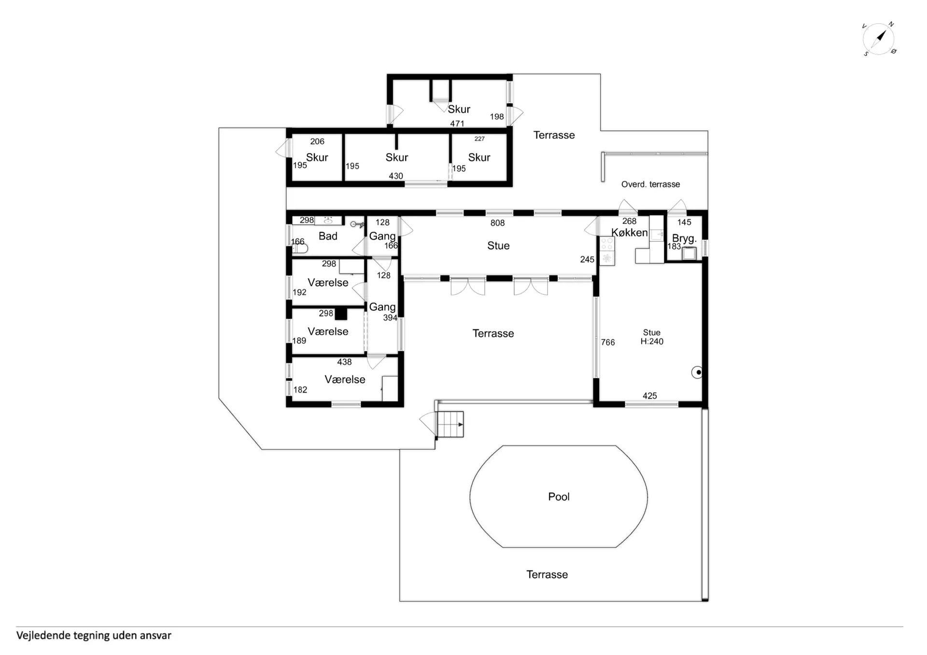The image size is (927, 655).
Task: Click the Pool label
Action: point(559,497)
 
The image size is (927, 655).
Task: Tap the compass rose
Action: point(879,39)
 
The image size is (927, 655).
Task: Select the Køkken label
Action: point(629,233)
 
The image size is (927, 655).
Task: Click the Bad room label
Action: point(328,236)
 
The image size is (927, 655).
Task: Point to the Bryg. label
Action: point(684,238)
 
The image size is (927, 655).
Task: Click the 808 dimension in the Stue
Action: point(497,223)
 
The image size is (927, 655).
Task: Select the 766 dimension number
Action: point(608,343)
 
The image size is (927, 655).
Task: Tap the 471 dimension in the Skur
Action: point(457,124)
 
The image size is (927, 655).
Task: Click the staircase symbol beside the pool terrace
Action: point(450,425)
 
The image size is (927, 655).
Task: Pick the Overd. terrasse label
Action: point(650,184)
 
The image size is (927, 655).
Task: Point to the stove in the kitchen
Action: point(607,251)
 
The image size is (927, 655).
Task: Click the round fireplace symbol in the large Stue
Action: point(697,372)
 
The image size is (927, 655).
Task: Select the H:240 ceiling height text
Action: point(652,342)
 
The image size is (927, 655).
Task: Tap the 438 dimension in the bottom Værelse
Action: point(344,362)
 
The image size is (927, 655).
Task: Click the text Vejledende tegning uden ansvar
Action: point(94,636)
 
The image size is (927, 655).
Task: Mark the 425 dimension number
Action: point(649,396)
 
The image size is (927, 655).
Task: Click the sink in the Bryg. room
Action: point(689,253)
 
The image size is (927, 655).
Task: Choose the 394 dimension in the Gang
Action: point(390,318)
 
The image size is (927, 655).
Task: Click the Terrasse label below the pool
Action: point(547,574)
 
